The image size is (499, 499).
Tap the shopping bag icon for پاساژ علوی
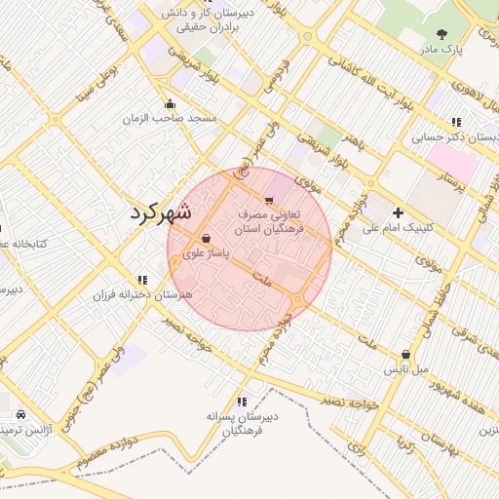[x=206, y=238]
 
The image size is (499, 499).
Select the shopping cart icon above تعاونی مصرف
[x=269, y=198]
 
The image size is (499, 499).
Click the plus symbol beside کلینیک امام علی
[x=398, y=212]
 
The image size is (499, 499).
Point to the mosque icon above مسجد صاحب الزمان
[x=172, y=103]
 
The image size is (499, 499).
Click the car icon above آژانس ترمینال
[x=8, y=414]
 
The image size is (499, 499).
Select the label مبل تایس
[x=404, y=371]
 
